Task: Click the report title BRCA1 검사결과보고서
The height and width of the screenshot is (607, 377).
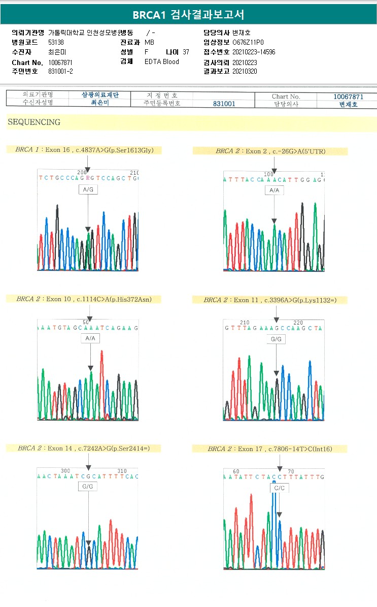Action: (x=188, y=15)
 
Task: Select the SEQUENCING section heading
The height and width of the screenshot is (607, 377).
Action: (x=34, y=122)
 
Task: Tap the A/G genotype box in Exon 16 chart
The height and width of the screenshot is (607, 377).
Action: (x=88, y=189)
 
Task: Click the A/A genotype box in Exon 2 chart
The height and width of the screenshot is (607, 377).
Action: (x=274, y=190)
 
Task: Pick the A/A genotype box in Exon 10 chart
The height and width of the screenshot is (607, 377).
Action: (x=90, y=338)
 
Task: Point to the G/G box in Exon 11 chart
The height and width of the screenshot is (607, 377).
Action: (x=277, y=339)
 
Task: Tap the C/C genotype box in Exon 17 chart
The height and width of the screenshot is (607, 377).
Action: (x=280, y=488)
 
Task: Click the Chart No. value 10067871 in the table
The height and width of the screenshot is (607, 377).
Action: (x=348, y=97)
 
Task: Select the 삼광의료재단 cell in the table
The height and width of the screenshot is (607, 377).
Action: (x=100, y=95)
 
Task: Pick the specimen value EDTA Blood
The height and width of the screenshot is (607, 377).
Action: (x=162, y=62)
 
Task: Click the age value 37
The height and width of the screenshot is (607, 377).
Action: (x=186, y=52)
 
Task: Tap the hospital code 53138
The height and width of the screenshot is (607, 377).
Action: (x=56, y=43)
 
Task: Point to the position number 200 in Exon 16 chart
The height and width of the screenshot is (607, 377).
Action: (x=82, y=173)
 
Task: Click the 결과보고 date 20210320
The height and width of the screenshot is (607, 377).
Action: (x=245, y=72)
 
